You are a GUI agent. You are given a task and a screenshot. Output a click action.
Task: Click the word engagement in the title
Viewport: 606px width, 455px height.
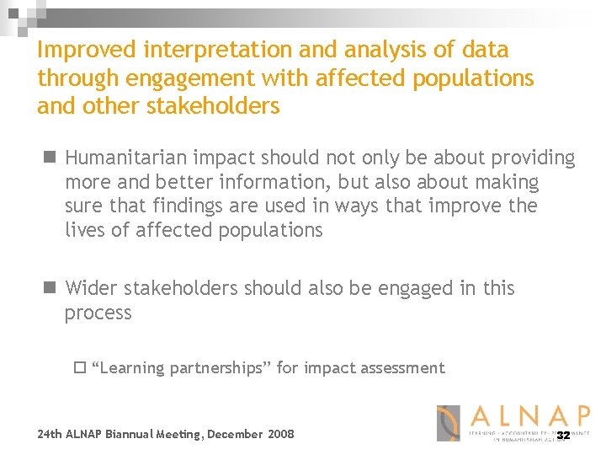point(176,78)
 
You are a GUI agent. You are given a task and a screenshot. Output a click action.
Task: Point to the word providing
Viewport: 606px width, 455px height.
point(530,158)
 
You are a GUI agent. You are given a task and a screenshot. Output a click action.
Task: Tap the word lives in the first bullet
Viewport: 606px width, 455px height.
point(84,231)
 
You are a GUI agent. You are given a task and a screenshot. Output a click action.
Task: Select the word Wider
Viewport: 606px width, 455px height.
point(92,288)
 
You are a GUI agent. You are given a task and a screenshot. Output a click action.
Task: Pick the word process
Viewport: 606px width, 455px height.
point(98,313)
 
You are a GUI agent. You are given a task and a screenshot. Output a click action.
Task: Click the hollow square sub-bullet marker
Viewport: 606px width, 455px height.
point(80,367)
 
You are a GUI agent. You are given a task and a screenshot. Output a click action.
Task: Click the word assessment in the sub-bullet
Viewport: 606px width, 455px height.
point(401,368)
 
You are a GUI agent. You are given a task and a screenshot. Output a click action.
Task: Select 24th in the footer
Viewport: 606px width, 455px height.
point(50,434)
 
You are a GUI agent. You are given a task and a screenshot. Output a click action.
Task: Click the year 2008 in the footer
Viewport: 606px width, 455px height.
point(280,434)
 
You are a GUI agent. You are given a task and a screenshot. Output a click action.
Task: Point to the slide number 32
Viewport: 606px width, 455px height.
point(563,436)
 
